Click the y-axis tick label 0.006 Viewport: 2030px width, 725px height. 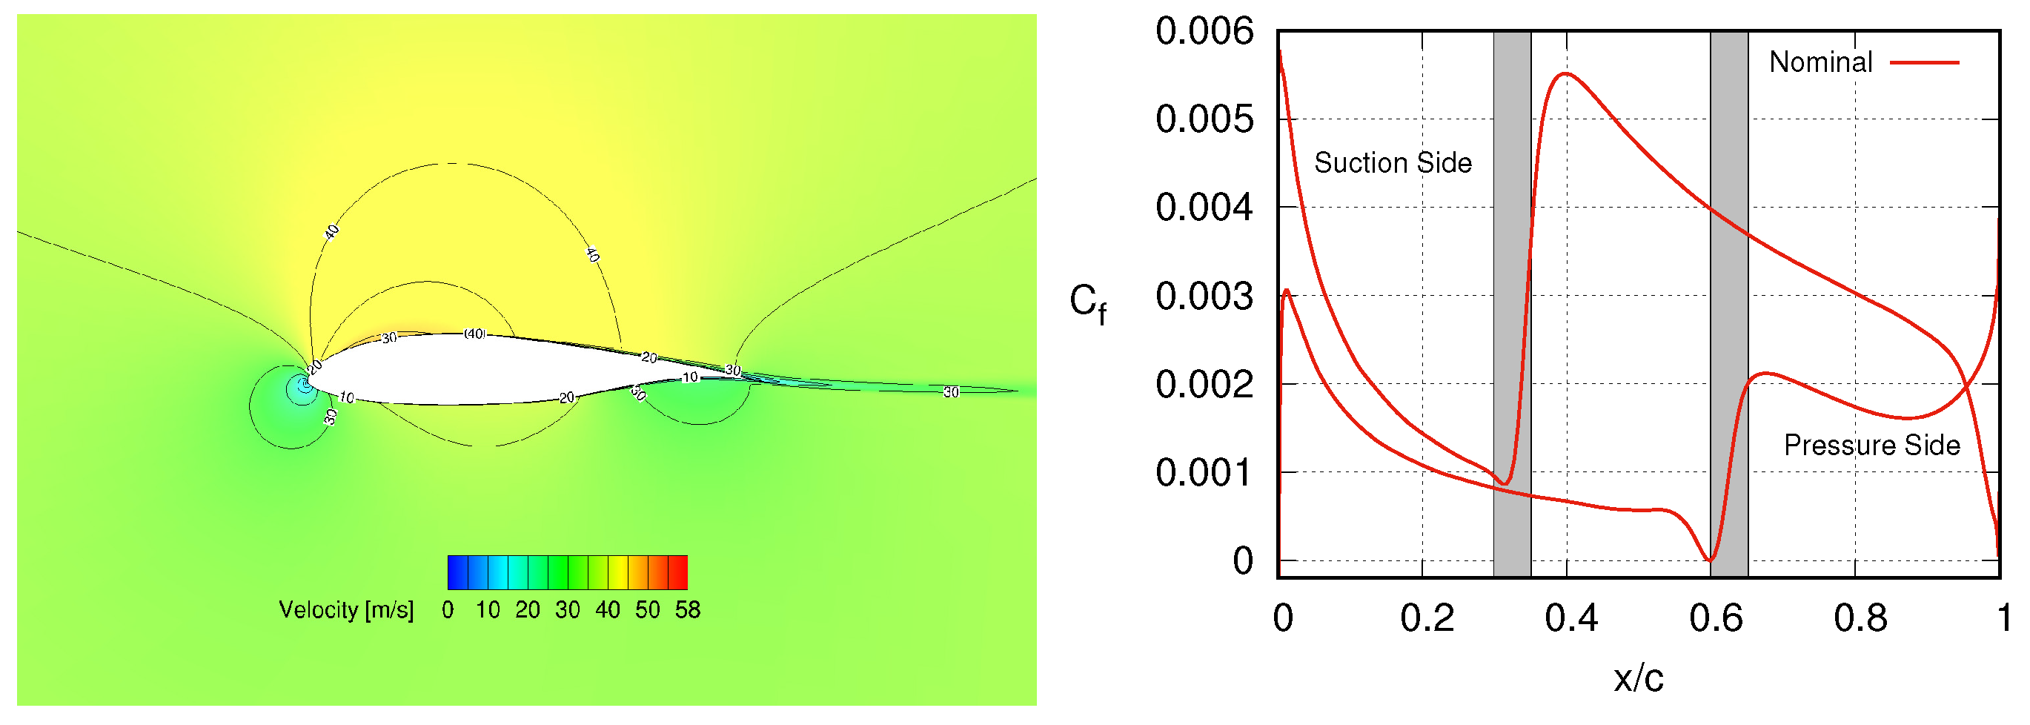click(x=1204, y=32)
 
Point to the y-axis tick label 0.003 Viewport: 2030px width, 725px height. click(x=1204, y=297)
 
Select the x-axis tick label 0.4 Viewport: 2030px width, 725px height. click(x=1570, y=618)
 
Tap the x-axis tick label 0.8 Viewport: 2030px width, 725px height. click(x=1860, y=618)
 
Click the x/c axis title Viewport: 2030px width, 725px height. click(x=1639, y=678)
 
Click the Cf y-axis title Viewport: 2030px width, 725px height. click(x=1087, y=303)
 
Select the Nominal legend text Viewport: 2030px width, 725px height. click(x=1820, y=62)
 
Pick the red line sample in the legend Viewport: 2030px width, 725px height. click(x=1925, y=62)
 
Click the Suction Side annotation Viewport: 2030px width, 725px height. click(x=1393, y=163)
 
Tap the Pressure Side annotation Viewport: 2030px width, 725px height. click(x=1871, y=446)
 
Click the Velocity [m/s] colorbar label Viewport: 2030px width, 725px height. click(x=346, y=610)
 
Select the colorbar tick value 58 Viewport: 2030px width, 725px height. click(x=687, y=610)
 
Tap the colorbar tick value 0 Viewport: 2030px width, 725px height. click(x=448, y=610)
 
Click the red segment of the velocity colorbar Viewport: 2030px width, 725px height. click(x=677, y=572)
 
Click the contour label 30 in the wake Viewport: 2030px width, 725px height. click(x=951, y=391)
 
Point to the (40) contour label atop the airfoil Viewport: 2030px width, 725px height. click(x=474, y=334)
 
